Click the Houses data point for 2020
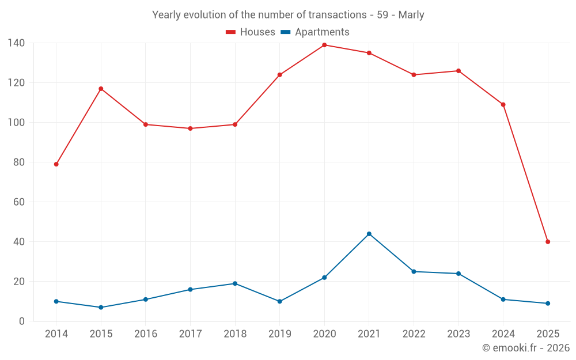pos(324,45)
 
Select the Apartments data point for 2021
pos(369,234)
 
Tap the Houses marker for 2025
pos(548,242)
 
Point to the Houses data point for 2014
pos(56,164)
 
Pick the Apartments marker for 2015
pos(101,308)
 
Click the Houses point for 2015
pos(101,89)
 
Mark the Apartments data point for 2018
pos(235,283)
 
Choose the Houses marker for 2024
pos(503,105)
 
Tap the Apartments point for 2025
pos(548,304)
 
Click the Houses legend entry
pos(251,32)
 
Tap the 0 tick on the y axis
pos(22,321)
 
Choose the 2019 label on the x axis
pos(280,334)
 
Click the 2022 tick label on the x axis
pos(414,334)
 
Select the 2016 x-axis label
pos(146,334)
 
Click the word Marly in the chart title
pos(412,15)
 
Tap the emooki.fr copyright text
pos(526,348)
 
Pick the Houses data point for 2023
pos(458,71)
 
